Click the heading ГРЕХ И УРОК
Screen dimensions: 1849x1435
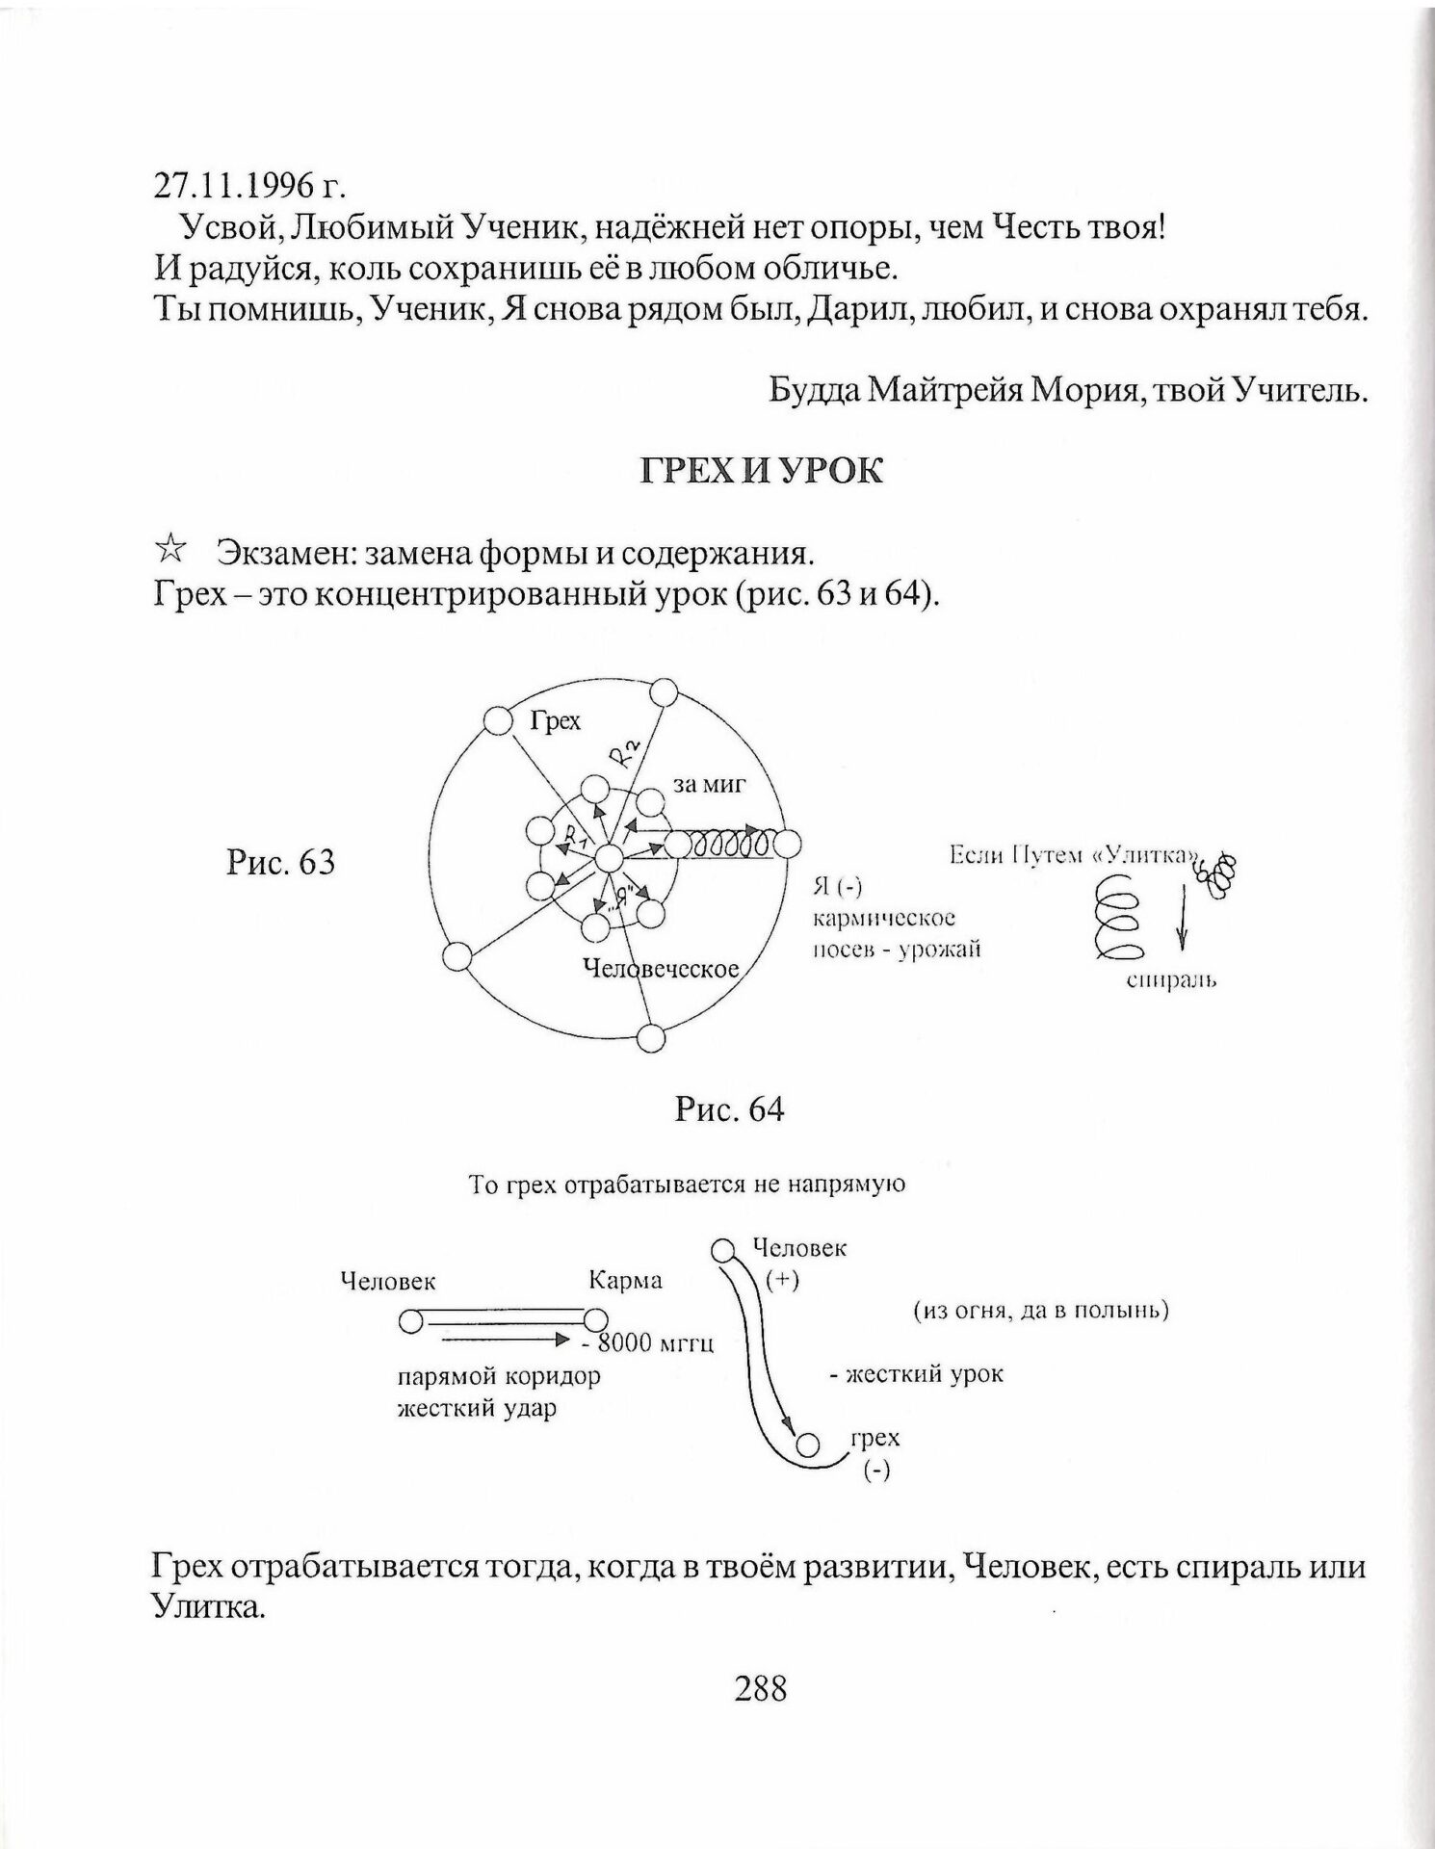[761, 471]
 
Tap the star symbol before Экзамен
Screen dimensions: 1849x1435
[170, 551]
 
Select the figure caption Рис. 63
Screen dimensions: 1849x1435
[280, 861]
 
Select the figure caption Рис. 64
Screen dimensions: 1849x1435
[729, 1109]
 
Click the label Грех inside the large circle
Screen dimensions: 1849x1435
[556, 720]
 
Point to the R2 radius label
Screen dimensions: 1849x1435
[624, 751]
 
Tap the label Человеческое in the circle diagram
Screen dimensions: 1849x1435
[662, 968]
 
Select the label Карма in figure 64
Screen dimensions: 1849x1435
[625, 1281]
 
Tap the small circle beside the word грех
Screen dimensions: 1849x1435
[807, 1445]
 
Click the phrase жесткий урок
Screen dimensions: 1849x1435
[916, 1374]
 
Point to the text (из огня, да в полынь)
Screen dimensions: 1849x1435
[1040, 1311]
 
